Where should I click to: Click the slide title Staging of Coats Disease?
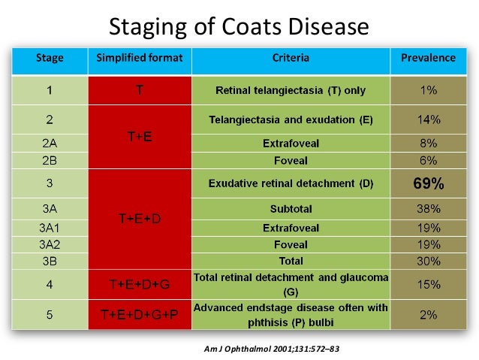(239, 27)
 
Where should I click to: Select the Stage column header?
(50, 58)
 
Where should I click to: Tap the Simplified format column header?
(140, 58)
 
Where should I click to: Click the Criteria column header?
(291, 58)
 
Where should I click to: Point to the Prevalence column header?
(428, 58)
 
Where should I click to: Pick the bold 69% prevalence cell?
(428, 183)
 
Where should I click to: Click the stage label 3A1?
(50, 228)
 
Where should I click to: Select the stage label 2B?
(50, 159)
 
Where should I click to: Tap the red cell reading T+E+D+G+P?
(140, 315)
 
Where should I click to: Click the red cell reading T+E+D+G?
(140, 284)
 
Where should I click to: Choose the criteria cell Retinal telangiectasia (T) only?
(291, 90)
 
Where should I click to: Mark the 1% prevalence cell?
(428, 90)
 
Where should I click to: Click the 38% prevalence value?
(428, 210)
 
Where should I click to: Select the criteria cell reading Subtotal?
(291, 210)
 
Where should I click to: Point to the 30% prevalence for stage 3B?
(428, 261)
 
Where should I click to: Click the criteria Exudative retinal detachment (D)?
(291, 183)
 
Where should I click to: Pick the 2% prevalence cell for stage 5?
(428, 315)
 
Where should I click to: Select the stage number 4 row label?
(50, 284)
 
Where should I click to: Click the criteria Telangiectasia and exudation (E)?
(291, 119)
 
